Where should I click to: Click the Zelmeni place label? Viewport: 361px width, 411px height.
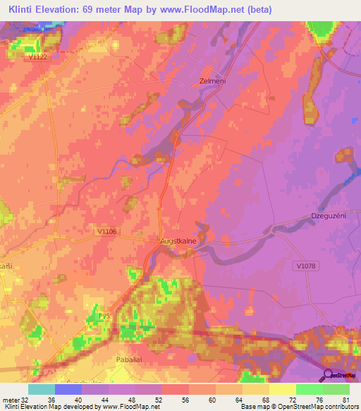(212, 81)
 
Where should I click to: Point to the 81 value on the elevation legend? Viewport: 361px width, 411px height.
(345, 399)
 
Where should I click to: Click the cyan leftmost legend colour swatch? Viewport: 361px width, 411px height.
(42, 389)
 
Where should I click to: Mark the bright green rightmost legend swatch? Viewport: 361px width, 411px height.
(336, 389)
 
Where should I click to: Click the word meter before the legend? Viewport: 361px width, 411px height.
(10, 399)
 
